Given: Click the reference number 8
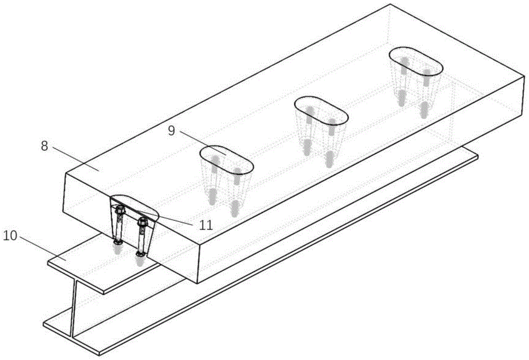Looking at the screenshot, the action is (44, 146).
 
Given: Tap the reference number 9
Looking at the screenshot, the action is (171, 131).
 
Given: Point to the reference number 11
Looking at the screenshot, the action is (206, 225).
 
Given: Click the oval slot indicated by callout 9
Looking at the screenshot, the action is (226, 160).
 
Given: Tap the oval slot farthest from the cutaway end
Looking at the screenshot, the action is (416, 61).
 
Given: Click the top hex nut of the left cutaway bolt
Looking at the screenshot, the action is (120, 210).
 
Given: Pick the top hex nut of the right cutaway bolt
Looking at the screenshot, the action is (142, 222).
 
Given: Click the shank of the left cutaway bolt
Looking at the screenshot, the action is (119, 227).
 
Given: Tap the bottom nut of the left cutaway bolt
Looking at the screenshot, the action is (118, 242).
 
